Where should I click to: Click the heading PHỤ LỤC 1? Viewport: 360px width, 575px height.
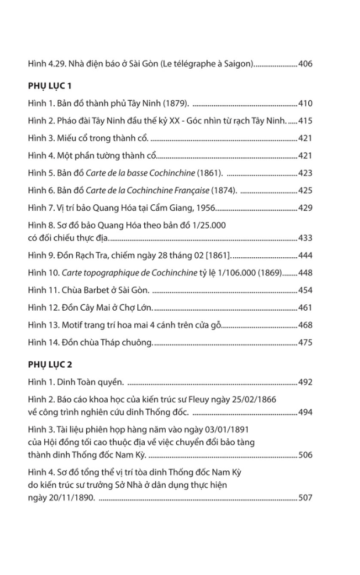(x=49, y=86)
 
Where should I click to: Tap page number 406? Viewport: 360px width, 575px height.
(x=305, y=63)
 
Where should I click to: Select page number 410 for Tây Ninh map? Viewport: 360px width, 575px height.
(x=305, y=104)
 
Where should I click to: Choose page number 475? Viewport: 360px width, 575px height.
(x=305, y=342)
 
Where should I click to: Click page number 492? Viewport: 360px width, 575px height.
(x=305, y=382)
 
